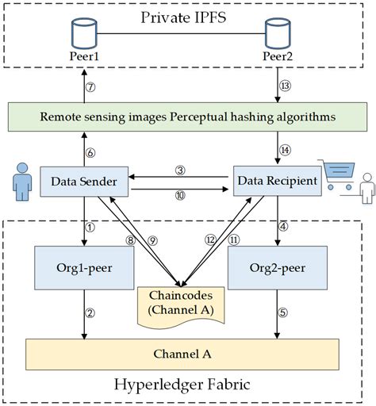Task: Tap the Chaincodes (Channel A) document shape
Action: point(182,301)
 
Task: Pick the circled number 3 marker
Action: point(181,170)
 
